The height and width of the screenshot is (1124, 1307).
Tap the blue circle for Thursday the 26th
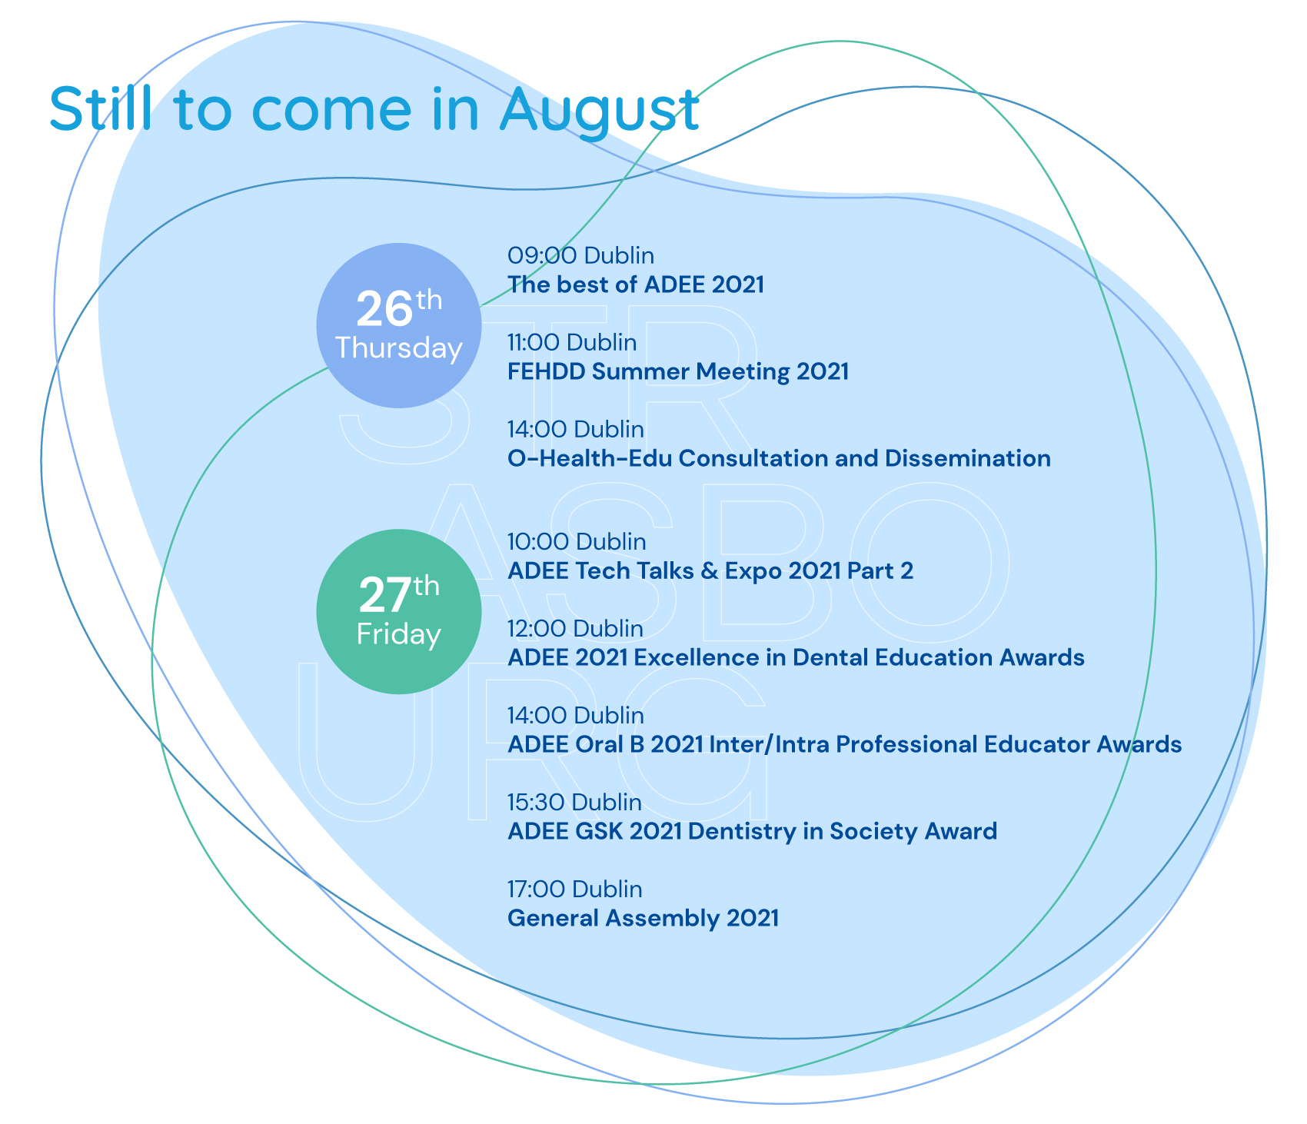(399, 325)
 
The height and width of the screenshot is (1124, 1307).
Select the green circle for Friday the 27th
(399, 611)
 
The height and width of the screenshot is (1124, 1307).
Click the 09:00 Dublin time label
(580, 255)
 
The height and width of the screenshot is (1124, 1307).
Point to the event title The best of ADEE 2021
(636, 284)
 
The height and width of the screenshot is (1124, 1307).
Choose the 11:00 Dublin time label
(572, 342)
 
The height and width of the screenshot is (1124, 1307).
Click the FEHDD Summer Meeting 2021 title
(678, 371)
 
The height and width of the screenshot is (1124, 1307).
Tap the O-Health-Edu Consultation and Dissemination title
(779, 458)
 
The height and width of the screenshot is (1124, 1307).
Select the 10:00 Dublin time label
(577, 542)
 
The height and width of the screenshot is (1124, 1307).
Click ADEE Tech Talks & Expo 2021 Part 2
(710, 571)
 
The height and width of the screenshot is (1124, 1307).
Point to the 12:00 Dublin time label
(575, 629)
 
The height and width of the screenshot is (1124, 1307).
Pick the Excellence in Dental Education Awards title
(796, 658)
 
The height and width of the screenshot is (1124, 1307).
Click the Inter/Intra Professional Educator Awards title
(844, 745)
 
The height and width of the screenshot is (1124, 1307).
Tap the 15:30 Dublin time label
(574, 803)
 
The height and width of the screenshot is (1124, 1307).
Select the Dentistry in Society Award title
(752, 832)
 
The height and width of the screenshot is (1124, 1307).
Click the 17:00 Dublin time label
(574, 890)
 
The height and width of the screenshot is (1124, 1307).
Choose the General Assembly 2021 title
(643, 919)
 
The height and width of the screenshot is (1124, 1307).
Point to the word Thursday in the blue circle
(399, 348)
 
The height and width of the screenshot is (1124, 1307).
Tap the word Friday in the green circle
(399, 634)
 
